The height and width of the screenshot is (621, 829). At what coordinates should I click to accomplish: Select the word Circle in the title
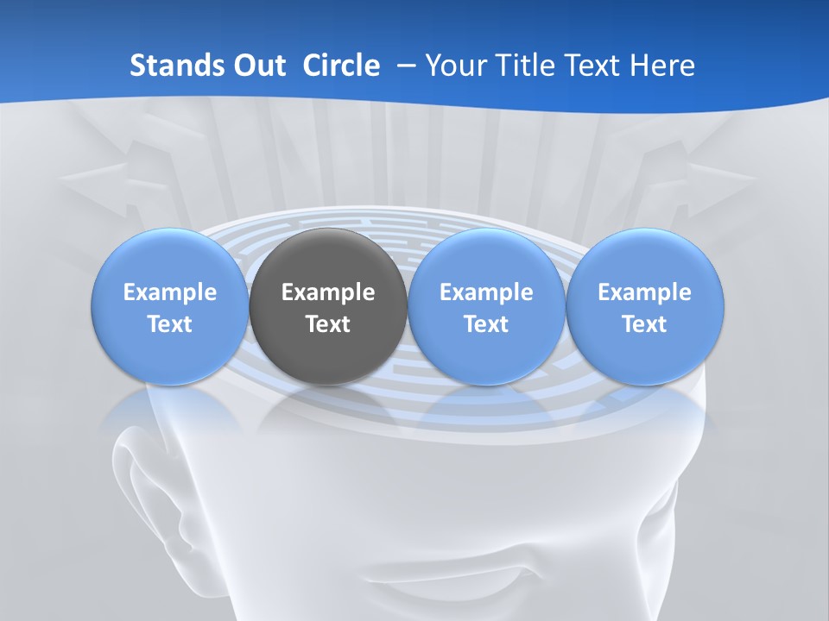click(341, 66)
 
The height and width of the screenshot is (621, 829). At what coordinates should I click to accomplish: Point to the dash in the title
click(404, 66)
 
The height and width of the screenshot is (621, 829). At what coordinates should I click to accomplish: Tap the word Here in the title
click(662, 66)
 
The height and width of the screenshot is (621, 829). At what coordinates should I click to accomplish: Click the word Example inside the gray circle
click(328, 292)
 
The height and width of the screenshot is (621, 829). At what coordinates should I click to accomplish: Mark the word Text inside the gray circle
click(328, 324)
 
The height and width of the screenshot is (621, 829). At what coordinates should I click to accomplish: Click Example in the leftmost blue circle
click(170, 292)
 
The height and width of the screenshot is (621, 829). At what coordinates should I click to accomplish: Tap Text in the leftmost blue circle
click(170, 324)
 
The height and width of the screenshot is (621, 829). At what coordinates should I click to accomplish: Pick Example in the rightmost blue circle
click(644, 292)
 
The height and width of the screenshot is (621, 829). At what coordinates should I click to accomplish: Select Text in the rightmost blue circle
click(644, 324)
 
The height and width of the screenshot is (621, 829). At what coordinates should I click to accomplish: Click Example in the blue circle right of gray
click(486, 292)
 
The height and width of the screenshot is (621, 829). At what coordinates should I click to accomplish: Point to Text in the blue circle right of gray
click(486, 324)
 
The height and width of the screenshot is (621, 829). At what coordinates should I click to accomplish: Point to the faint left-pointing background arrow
click(104, 177)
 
